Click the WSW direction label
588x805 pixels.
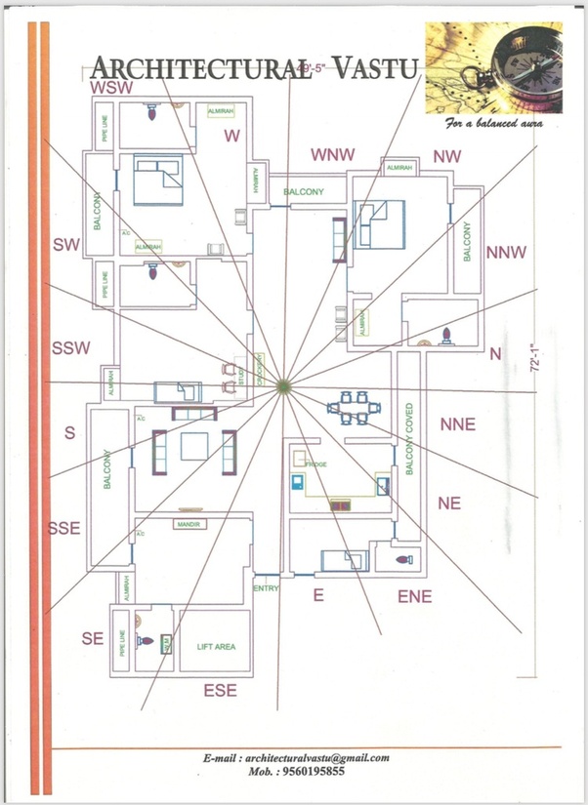coord(111,88)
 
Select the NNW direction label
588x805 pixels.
coord(505,253)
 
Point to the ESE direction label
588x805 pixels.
coord(220,691)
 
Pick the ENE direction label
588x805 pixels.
coord(414,595)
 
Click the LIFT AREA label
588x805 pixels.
coord(216,647)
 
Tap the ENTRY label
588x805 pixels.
coord(266,588)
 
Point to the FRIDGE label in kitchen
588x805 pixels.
coord(315,464)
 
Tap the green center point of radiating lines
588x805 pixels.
coord(282,386)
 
